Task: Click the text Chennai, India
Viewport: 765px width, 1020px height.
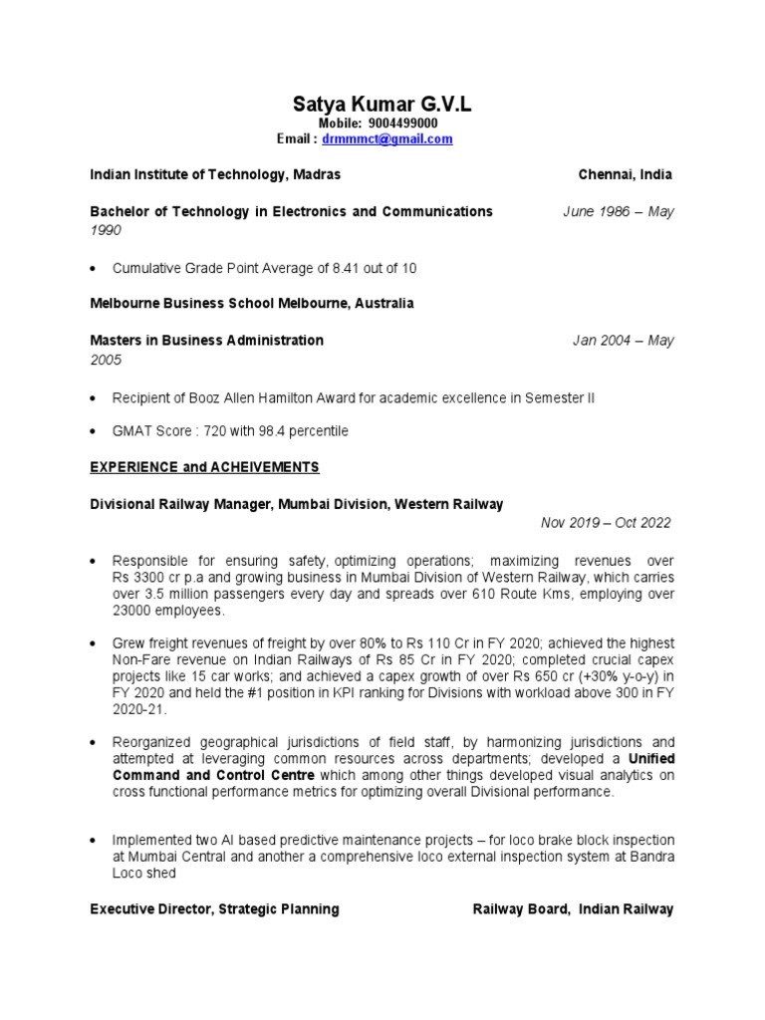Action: point(625,174)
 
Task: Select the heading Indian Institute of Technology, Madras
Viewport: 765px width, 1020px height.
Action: point(215,174)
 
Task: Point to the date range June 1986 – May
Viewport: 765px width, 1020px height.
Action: point(618,211)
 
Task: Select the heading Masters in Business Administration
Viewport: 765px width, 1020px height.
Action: point(206,340)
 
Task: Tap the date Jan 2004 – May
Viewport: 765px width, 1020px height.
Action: point(623,340)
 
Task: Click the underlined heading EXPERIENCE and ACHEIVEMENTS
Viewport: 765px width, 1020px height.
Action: point(204,466)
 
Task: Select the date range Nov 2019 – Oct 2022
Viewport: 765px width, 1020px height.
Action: point(606,523)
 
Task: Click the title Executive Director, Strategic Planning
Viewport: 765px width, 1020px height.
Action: point(214,908)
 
